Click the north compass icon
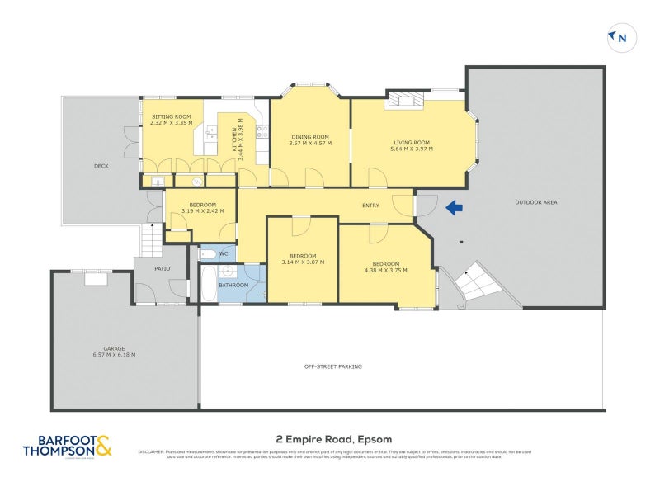620,36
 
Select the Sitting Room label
171,117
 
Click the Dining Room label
309,137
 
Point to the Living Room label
411,143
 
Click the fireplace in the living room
406,100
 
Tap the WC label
224,253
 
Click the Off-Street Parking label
332,366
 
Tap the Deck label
101,166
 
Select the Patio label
163,267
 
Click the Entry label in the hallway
370,205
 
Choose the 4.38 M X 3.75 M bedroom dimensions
384,268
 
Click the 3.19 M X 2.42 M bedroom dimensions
202,210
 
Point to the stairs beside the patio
151,240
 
